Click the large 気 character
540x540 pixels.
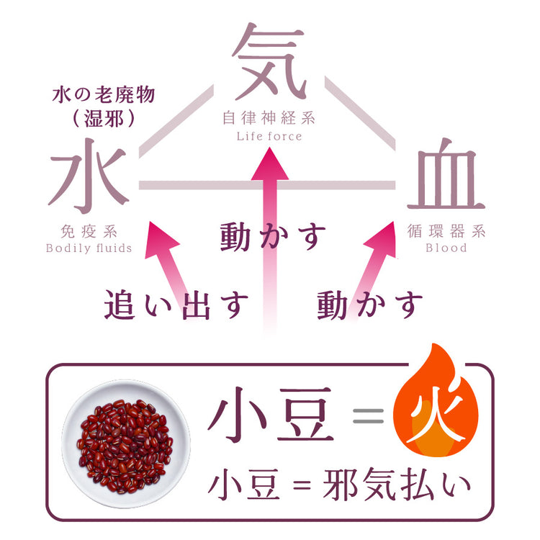(269, 63)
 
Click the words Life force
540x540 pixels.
(269, 136)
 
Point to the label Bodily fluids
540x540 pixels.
(89, 248)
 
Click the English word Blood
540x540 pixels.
(446, 248)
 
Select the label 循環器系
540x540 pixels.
(446, 232)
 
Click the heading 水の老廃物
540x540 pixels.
(104, 94)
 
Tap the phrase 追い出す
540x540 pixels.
(176, 305)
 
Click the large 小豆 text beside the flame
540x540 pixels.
(271, 417)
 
